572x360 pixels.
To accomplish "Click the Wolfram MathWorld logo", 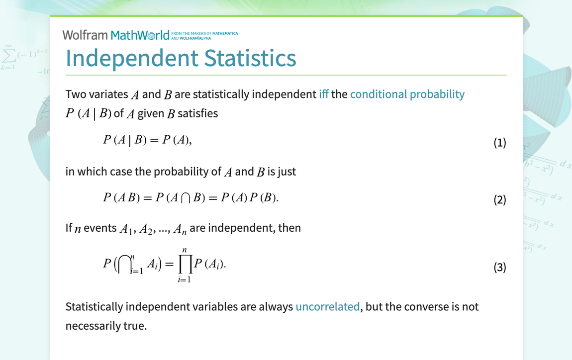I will pos(116,35).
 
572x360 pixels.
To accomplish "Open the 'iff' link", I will pos(323,94).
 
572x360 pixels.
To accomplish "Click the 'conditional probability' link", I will pos(407,94).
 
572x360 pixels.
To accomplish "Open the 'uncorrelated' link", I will pos(327,306).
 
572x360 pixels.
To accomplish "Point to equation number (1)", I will pos(499,143).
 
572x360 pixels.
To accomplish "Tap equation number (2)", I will pos(499,200).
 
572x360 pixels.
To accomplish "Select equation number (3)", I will pos(499,268).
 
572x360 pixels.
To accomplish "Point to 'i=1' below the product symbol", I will pos(185,279).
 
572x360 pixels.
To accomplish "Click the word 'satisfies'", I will pos(197,113).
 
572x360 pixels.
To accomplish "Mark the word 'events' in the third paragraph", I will pos(100,228).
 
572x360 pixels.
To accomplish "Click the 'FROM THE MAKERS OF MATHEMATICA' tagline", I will pos(204,33).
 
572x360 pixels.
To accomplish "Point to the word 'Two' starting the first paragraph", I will pos(76,94).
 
